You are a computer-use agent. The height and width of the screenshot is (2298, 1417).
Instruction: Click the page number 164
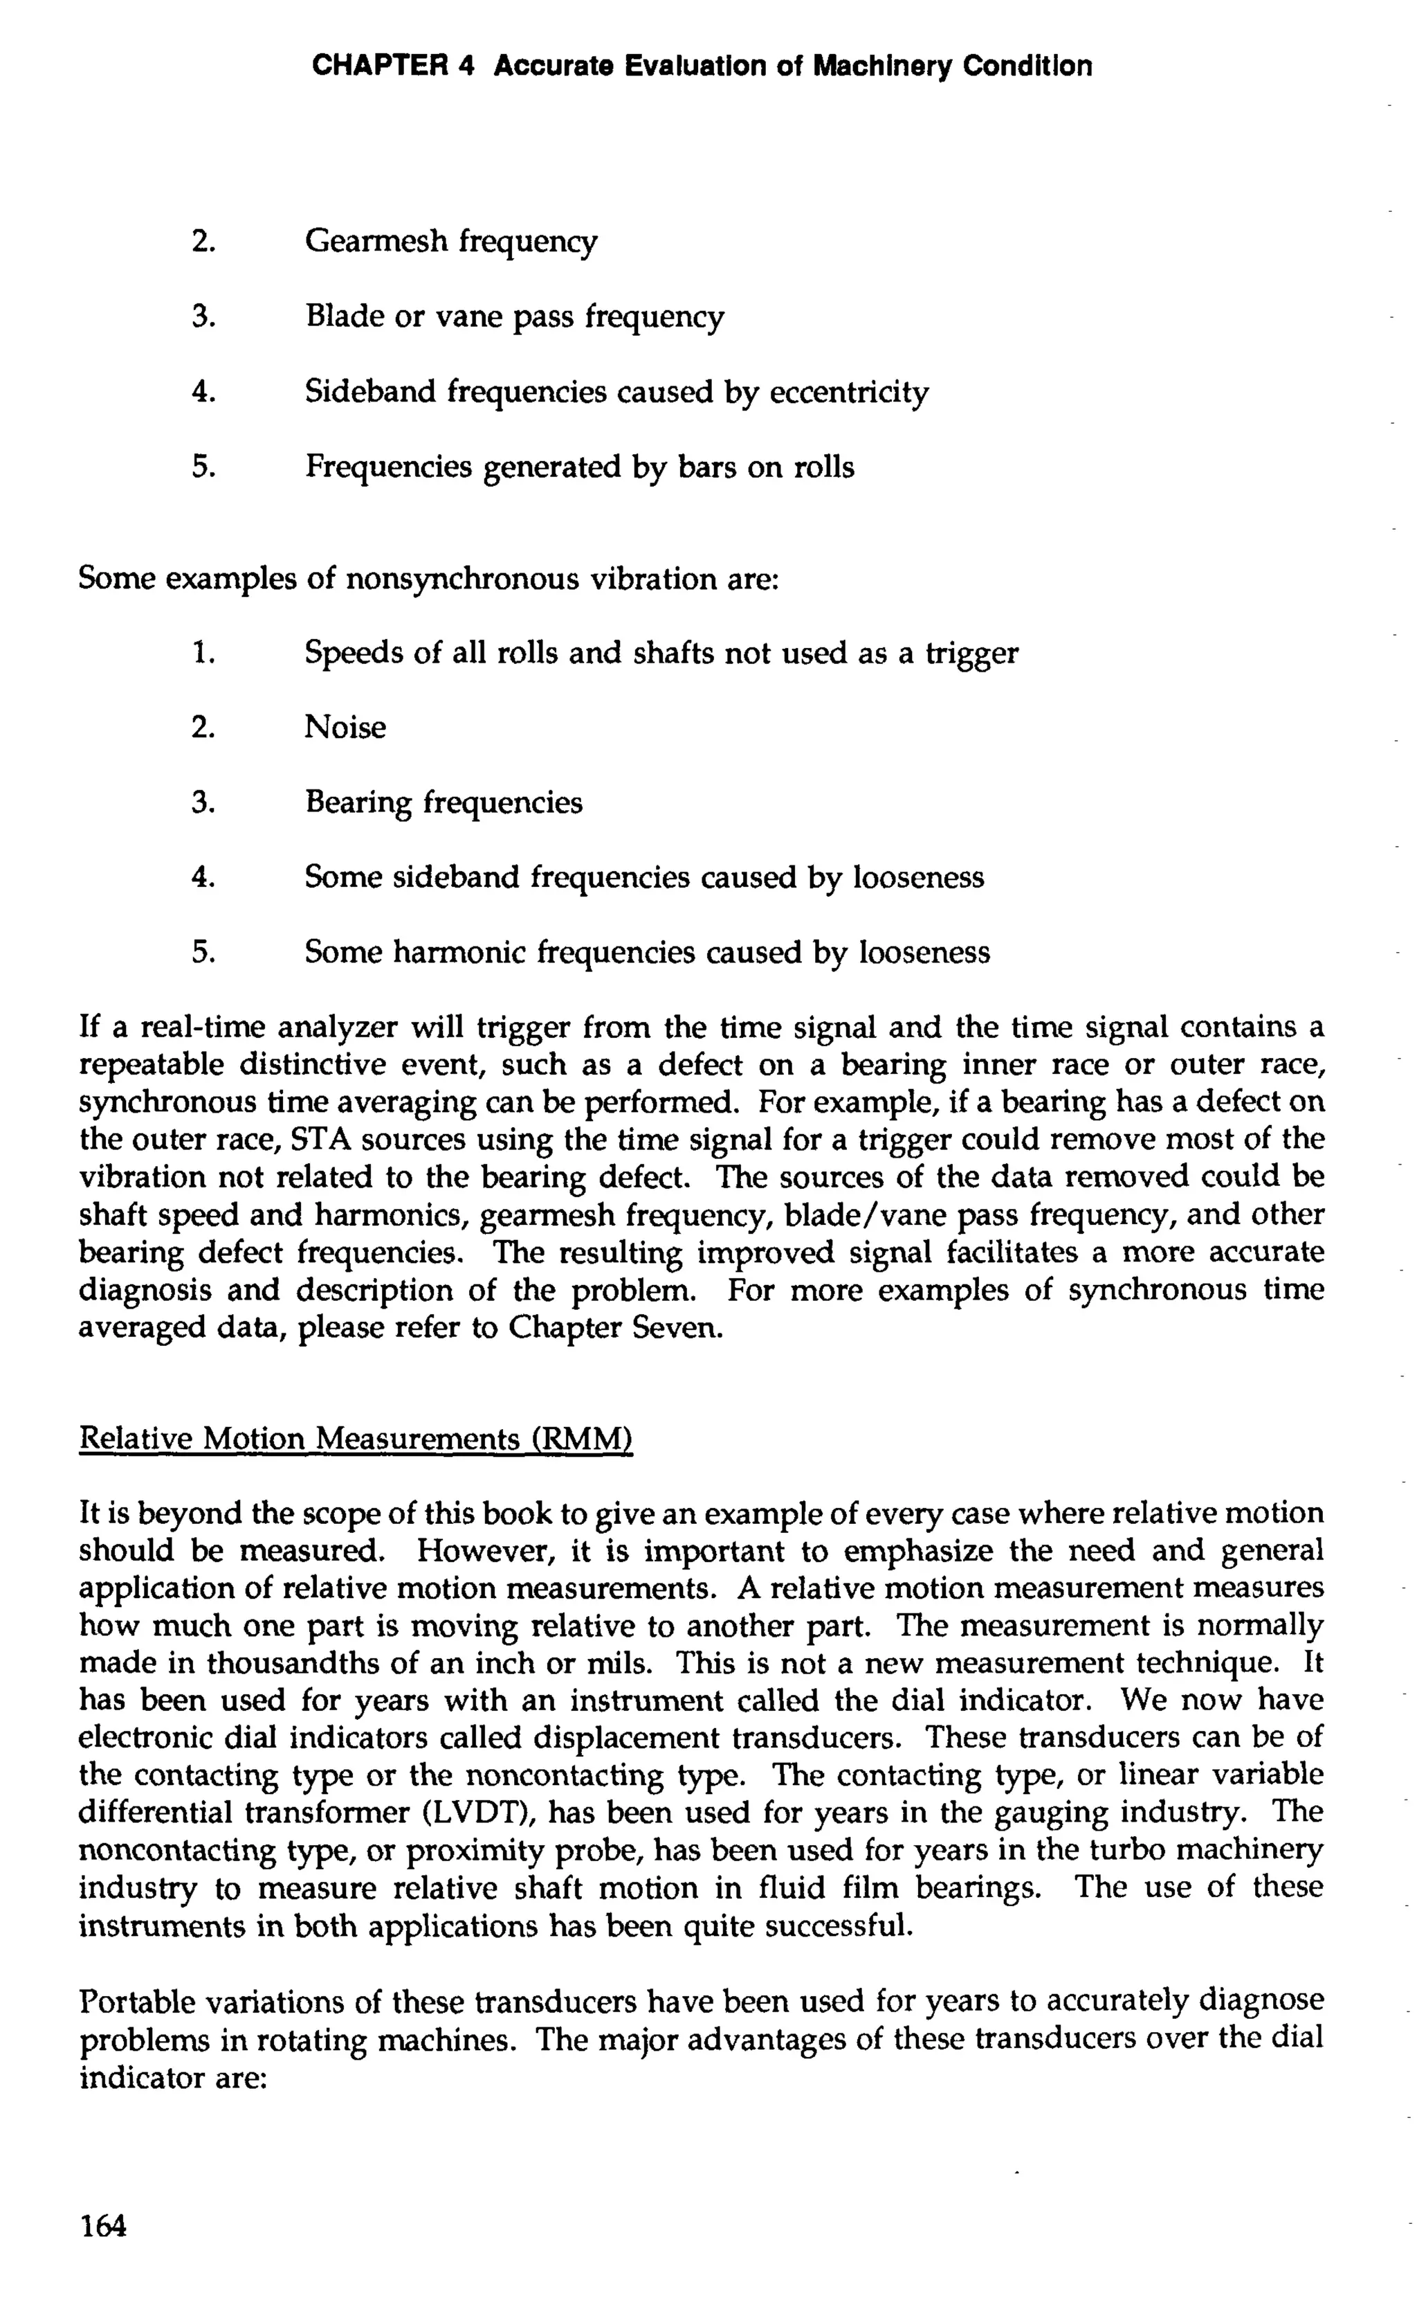[x=103, y=2225]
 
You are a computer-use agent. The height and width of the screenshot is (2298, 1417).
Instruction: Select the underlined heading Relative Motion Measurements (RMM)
[x=356, y=1438]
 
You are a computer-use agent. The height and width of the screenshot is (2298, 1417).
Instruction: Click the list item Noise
[x=345, y=728]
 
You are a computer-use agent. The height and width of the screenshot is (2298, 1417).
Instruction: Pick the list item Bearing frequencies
[x=444, y=802]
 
